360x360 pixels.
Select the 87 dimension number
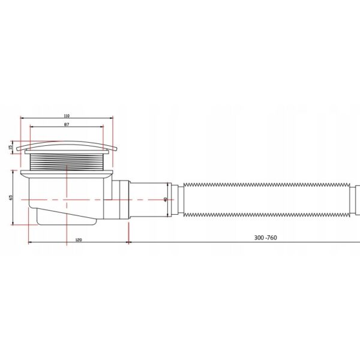click(66, 125)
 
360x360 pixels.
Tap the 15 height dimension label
click(11, 147)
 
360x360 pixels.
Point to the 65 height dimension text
click(11, 197)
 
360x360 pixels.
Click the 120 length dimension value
click(78, 239)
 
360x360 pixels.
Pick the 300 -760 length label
click(265, 238)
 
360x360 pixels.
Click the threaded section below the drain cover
click(67, 161)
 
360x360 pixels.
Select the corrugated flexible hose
click(264, 198)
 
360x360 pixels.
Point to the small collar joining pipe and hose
click(176, 198)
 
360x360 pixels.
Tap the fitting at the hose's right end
click(356, 198)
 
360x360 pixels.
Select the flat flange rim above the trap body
click(66, 173)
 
